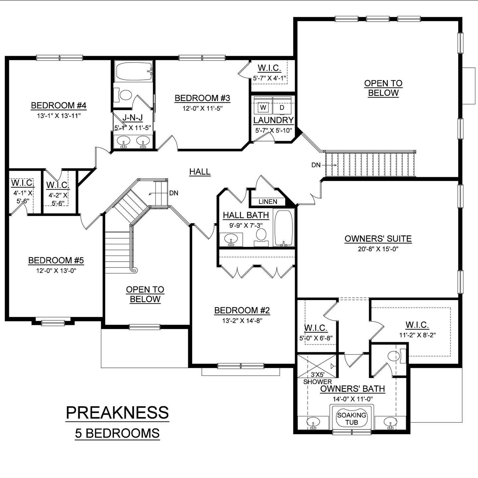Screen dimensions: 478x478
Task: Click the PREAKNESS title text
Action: point(117,413)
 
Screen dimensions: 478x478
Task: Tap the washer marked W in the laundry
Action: point(263,108)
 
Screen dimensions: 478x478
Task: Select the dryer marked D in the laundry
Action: point(282,108)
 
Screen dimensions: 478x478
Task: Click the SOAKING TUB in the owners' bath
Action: point(352,419)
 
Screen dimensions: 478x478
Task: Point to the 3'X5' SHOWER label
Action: point(318,378)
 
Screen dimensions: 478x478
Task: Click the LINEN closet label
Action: point(268,201)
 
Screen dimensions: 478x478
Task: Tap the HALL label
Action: point(200,172)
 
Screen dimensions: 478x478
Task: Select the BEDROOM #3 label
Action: point(202,98)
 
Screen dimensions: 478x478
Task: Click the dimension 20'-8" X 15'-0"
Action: point(378,249)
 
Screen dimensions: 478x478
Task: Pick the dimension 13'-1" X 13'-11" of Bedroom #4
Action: point(59,116)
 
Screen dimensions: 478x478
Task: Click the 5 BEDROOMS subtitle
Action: point(117,434)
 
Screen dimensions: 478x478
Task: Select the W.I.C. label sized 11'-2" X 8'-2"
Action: point(417,325)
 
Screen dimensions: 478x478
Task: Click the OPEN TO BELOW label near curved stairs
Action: point(145,294)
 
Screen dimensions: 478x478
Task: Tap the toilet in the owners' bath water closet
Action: point(394,356)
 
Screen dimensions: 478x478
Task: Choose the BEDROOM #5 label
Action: point(56,261)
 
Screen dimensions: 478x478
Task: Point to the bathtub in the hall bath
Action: point(284,228)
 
